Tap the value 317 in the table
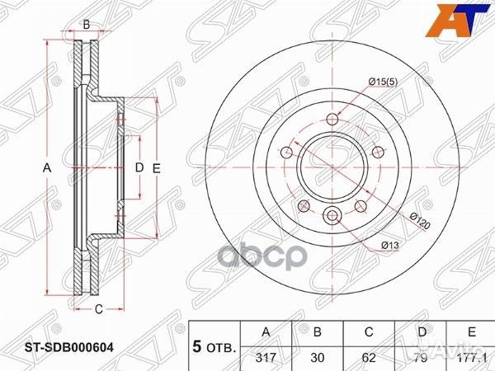[x=265, y=358]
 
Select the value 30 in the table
[x=318, y=358]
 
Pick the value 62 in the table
[x=370, y=358]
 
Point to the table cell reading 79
[x=421, y=358]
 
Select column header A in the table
[x=265, y=332]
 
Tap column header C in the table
[x=370, y=332]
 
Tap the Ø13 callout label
[x=390, y=246]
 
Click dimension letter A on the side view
[x=47, y=168]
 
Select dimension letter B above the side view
[x=87, y=25]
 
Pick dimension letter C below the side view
[x=97, y=309]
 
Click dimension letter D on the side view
[x=139, y=168]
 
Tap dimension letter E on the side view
[x=155, y=168]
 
